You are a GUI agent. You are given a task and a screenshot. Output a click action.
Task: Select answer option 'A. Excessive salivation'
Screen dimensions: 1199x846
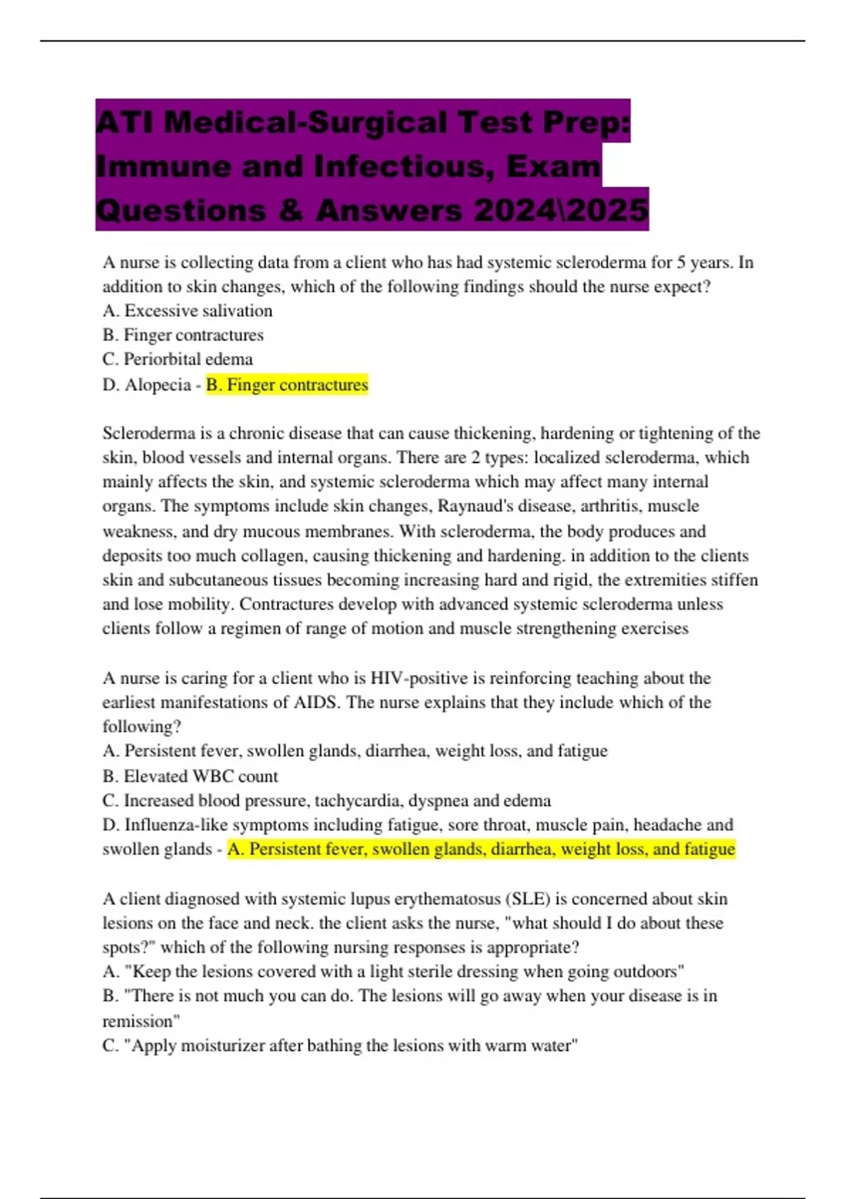(x=188, y=311)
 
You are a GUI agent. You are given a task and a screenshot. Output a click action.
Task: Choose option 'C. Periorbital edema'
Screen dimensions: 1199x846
(x=178, y=359)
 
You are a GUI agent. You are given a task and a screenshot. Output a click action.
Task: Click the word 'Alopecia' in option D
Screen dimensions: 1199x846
(x=158, y=385)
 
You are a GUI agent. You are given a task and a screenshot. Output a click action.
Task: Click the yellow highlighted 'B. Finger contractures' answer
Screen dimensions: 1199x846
(x=287, y=385)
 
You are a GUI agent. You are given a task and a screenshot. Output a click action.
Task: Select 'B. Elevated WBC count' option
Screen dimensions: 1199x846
(x=190, y=777)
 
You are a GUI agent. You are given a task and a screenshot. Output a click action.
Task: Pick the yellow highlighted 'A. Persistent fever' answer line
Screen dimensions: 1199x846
(x=481, y=849)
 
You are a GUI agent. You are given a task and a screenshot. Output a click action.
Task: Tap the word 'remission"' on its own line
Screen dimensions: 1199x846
(x=141, y=1021)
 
